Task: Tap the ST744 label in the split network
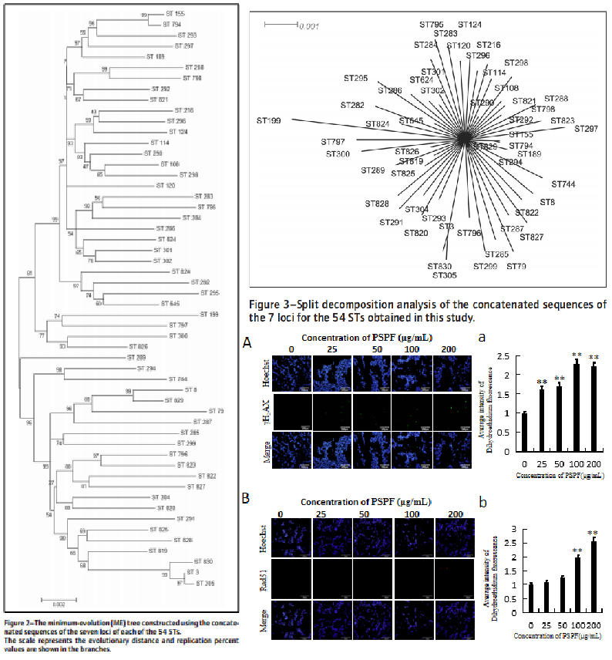[564, 184]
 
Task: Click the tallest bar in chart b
[593, 572]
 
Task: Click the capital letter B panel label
[247, 498]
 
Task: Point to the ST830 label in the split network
[441, 267]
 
